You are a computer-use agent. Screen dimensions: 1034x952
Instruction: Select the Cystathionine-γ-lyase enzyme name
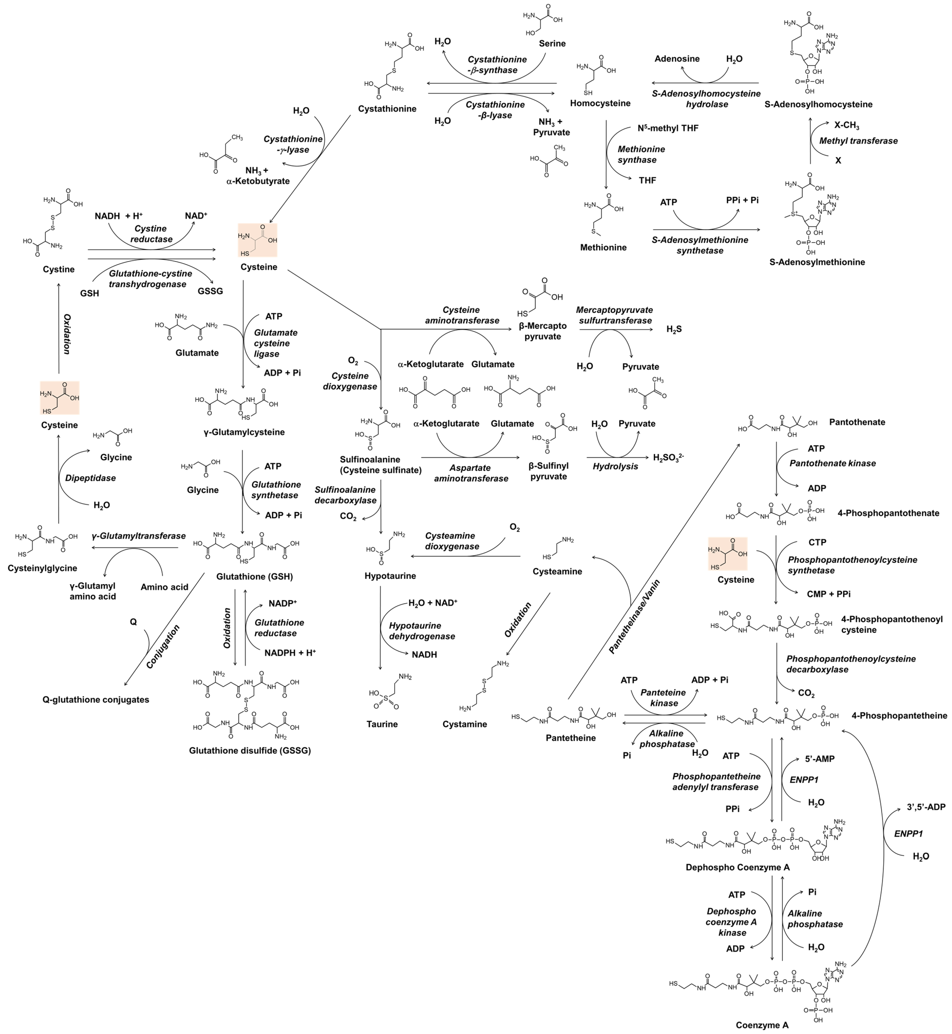[x=293, y=144]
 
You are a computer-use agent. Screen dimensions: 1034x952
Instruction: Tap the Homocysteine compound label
[x=600, y=103]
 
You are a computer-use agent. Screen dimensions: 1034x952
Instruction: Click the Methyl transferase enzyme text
[x=858, y=141]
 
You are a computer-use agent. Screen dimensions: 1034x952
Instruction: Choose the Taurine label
[x=382, y=724]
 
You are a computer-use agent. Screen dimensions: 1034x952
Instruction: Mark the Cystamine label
[x=464, y=724]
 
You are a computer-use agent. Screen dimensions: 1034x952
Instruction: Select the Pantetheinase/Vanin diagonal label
[x=634, y=617]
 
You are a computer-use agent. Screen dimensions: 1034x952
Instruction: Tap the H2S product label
[x=674, y=329]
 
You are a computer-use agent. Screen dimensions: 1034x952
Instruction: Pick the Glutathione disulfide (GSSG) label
[x=250, y=750]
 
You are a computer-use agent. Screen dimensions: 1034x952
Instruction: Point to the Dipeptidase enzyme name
[x=90, y=478]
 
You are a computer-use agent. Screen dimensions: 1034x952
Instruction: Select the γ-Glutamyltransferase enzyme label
[x=139, y=536]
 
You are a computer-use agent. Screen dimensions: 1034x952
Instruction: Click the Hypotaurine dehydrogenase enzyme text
[x=422, y=631]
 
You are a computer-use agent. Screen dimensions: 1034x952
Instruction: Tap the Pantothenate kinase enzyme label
[x=832, y=463]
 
